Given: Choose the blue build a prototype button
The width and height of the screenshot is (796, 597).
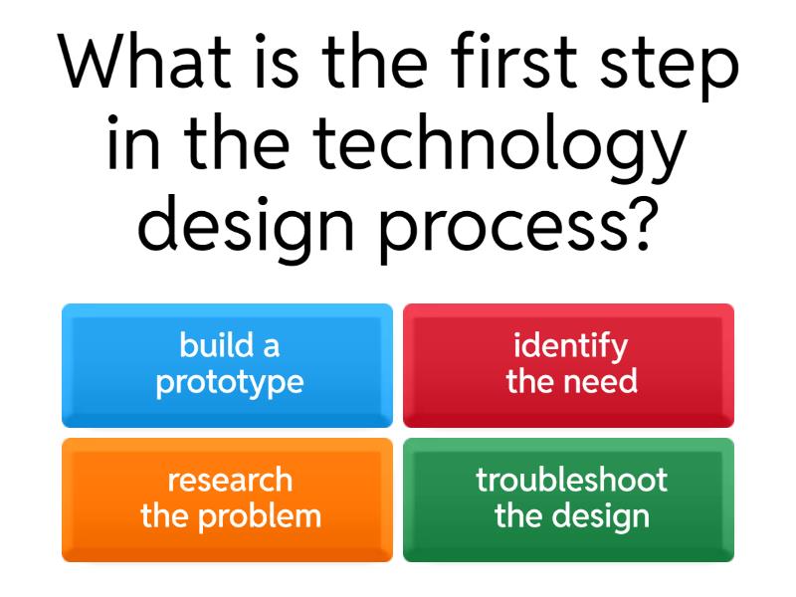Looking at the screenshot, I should point(228,365).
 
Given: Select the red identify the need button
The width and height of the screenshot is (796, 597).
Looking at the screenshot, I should point(569,365).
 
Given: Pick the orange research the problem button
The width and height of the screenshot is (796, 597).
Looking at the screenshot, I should point(228,499).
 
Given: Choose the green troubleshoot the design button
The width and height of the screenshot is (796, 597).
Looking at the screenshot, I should point(569,499).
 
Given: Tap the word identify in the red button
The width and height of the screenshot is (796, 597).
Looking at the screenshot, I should point(571,347).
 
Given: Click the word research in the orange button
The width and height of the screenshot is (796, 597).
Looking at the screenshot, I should point(230,481).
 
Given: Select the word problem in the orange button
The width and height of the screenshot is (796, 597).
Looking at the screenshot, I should point(264,516).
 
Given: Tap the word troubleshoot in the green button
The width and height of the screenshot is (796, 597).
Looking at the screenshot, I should point(571,481).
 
